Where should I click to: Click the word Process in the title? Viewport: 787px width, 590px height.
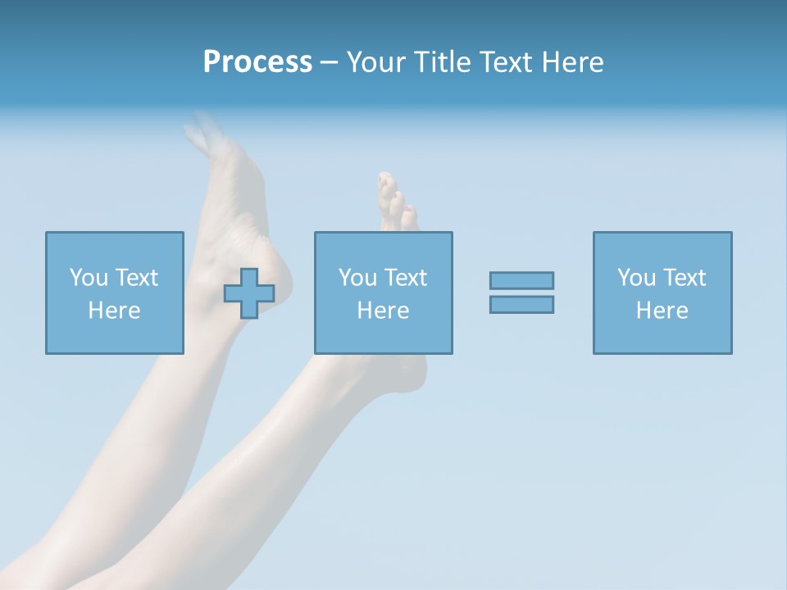click(x=257, y=62)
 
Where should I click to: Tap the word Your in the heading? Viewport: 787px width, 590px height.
click(x=376, y=62)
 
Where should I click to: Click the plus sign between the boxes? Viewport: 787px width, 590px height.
click(x=249, y=293)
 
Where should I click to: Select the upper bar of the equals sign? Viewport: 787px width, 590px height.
click(x=521, y=280)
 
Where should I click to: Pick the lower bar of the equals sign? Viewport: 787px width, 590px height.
click(x=521, y=304)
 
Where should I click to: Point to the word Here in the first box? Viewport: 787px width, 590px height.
click(x=114, y=311)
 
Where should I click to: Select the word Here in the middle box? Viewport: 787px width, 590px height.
click(x=383, y=311)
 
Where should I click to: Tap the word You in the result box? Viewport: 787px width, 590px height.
click(x=636, y=278)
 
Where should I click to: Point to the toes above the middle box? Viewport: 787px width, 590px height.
click(x=395, y=201)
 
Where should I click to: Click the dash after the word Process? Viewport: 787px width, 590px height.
click(x=330, y=63)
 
